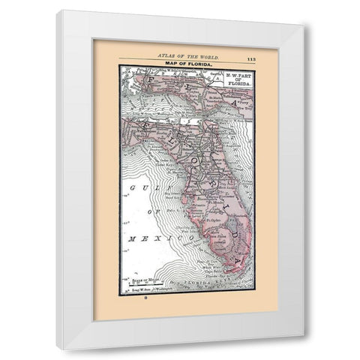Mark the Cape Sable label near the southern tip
click(x=208, y=267)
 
